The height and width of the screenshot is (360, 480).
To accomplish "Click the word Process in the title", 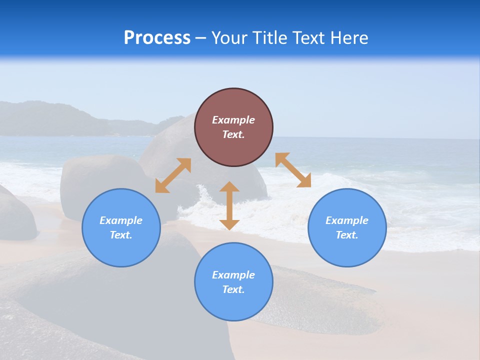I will pyautogui.click(x=157, y=38).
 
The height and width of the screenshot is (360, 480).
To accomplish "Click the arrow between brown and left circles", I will pyautogui.click(x=173, y=175).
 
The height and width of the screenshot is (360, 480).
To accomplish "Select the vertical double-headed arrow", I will pyautogui.click(x=229, y=205).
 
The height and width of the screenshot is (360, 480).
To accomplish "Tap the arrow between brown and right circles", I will pyautogui.click(x=293, y=170).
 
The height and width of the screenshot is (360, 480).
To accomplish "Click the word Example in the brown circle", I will pyautogui.click(x=233, y=120).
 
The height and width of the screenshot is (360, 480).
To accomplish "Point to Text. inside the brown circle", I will pyautogui.click(x=233, y=134).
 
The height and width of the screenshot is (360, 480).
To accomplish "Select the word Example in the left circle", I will pyautogui.click(x=121, y=220).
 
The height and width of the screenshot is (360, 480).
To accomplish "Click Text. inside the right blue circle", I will pyautogui.click(x=347, y=235).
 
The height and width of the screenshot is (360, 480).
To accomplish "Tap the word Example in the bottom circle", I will pyautogui.click(x=233, y=275).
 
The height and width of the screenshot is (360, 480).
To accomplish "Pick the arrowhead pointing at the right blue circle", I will pyautogui.click(x=304, y=181).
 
